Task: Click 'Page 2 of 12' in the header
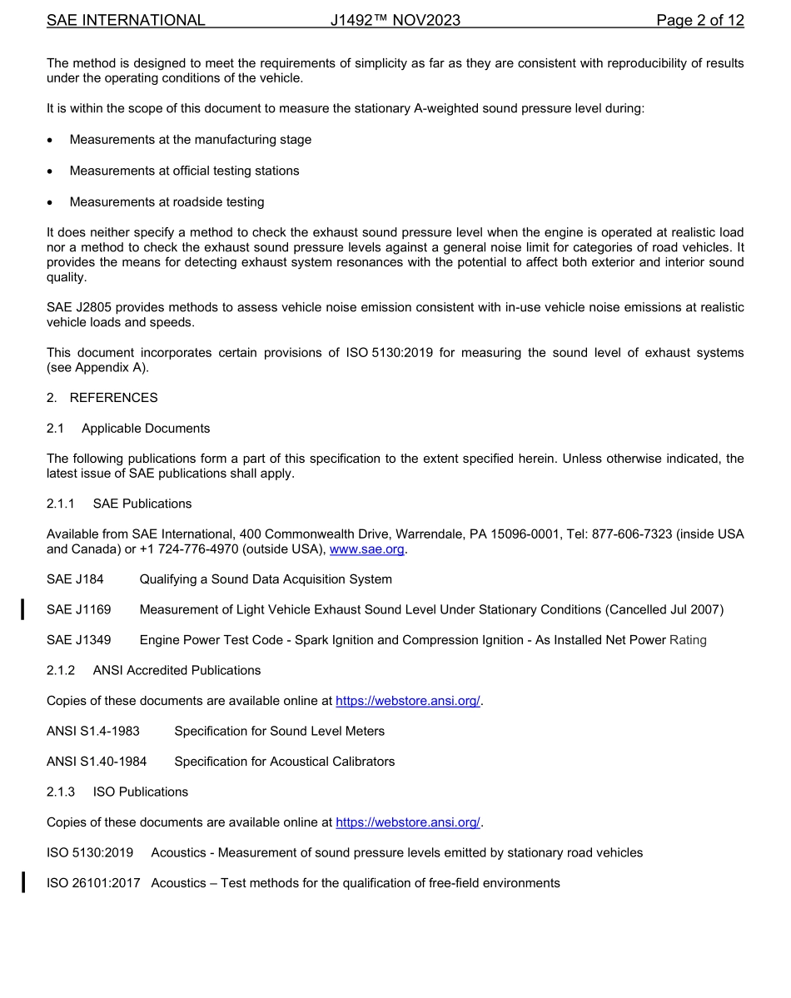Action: [699, 21]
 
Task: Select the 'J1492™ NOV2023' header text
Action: [395, 21]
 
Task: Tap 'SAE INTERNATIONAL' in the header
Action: [126, 21]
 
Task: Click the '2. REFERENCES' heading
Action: [102, 398]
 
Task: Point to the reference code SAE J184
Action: [75, 579]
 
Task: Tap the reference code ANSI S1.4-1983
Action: [93, 731]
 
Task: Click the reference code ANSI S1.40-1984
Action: [97, 762]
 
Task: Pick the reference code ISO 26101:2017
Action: [93, 882]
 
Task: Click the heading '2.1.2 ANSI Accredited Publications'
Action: [153, 670]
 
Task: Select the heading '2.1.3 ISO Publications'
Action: [117, 792]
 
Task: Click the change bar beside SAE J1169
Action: [23, 609]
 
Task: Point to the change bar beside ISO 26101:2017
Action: [23, 881]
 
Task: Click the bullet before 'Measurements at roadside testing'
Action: [51, 202]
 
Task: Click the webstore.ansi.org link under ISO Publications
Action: [408, 822]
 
